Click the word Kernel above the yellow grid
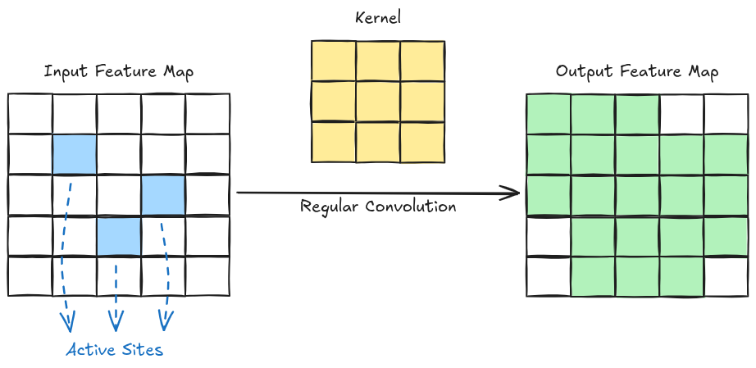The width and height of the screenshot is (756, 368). [378, 18]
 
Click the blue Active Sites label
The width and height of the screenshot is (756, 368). [115, 350]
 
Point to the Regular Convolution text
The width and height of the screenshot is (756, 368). [378, 207]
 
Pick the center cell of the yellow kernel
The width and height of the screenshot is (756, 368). [378, 102]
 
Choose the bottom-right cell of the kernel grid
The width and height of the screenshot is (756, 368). [422, 142]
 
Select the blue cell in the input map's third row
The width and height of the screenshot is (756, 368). [163, 195]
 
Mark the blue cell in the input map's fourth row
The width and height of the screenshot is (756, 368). [119, 236]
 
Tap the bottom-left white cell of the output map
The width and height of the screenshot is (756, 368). [549, 276]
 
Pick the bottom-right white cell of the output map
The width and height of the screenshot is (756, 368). [726, 276]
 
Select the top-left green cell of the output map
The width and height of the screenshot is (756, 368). [549, 114]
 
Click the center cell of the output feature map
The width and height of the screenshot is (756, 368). [637, 195]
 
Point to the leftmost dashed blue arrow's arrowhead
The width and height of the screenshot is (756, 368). [65, 321]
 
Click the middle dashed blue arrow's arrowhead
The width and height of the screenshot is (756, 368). [116, 321]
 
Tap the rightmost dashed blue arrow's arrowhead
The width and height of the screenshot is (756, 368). [166, 321]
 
